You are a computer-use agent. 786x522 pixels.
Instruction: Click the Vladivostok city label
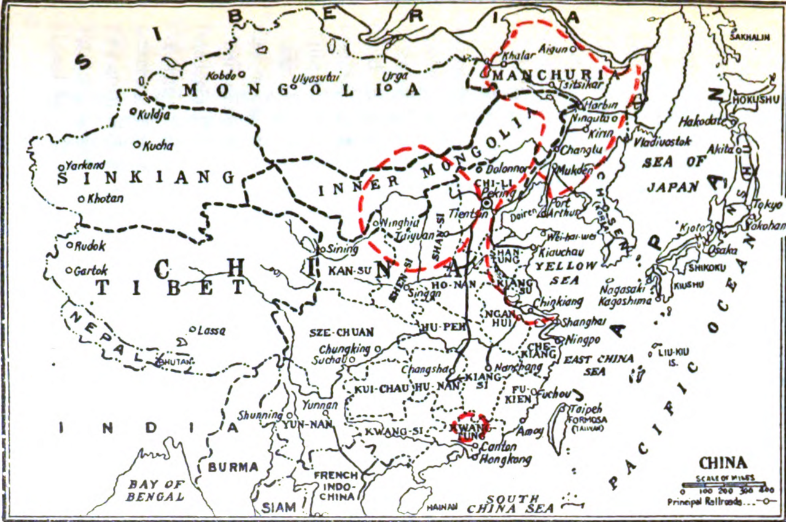(x=663, y=142)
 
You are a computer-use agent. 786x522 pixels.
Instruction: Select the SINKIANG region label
(x=146, y=177)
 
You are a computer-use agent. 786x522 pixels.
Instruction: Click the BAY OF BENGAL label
(x=155, y=490)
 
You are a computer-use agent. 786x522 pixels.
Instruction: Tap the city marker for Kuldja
(x=134, y=112)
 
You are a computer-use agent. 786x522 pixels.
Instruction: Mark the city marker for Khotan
(x=82, y=198)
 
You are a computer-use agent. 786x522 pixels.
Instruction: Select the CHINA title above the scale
(x=723, y=463)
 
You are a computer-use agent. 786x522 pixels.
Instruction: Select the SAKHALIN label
(x=749, y=37)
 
